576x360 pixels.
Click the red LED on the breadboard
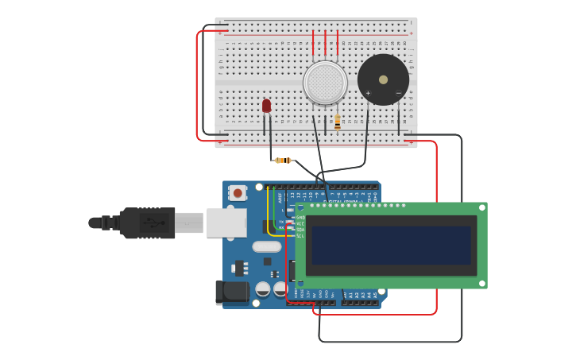coord(266,106)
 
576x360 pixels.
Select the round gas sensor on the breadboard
coord(325,83)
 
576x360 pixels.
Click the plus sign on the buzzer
coord(368,94)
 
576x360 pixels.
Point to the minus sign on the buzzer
coord(399,94)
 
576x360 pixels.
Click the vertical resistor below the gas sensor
coord(338,122)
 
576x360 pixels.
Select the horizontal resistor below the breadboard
coord(283,161)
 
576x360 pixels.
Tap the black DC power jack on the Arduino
coord(231,292)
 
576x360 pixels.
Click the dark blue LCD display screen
coord(391,245)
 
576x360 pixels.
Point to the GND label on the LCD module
coord(300,218)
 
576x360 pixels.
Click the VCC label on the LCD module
coord(300,224)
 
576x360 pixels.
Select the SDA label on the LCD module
coord(300,230)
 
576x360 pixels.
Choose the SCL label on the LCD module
coord(300,236)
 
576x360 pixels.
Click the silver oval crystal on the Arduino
coord(267,246)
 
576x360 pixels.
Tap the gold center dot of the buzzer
coord(384,79)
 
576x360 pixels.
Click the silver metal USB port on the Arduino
coord(226,223)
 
